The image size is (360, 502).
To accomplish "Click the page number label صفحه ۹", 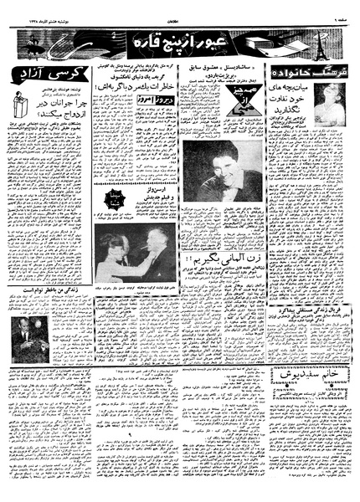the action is [x=342, y=12].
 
